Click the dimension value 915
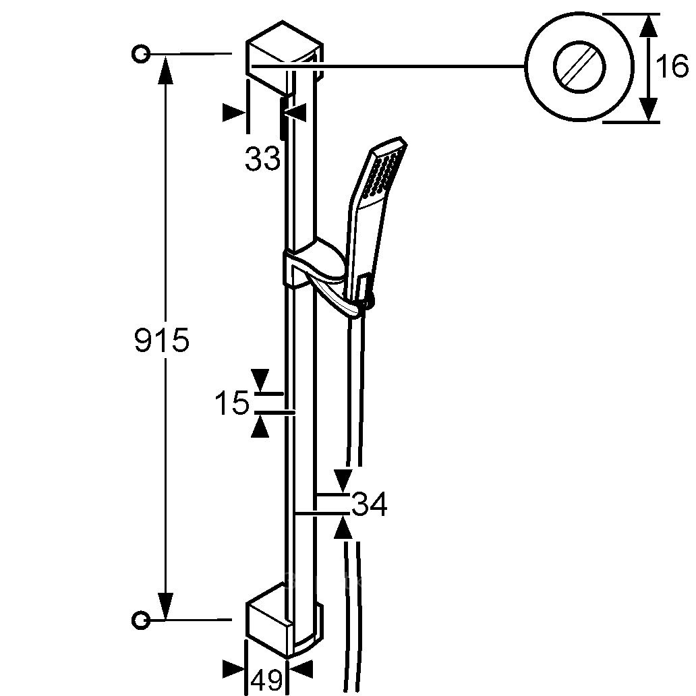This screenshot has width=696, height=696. (162, 341)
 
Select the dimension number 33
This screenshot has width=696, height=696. (263, 158)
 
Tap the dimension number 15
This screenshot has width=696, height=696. (232, 403)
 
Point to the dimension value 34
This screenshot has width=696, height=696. (370, 504)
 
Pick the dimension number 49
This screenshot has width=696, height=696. (267, 680)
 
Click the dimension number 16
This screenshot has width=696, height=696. (672, 67)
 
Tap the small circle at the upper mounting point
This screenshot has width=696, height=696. (141, 54)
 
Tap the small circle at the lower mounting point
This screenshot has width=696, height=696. (141, 619)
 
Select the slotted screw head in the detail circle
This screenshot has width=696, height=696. (579, 67)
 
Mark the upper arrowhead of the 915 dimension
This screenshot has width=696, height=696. (165, 69)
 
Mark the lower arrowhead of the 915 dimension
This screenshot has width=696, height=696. (165, 604)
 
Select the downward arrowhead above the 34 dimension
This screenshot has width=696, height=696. (342, 480)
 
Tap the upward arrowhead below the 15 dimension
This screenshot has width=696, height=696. (260, 426)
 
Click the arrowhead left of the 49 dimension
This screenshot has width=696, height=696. (233, 670)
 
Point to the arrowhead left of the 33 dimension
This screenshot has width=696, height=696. (235, 113)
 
